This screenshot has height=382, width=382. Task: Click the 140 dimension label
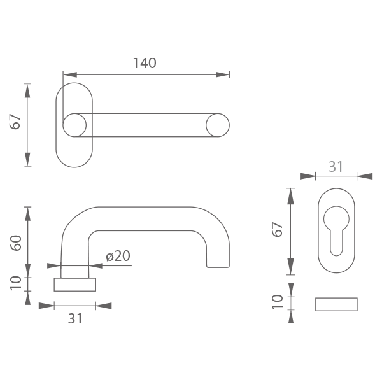(145, 63)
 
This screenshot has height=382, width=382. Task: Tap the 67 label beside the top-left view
(15, 122)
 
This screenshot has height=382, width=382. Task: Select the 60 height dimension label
(16, 243)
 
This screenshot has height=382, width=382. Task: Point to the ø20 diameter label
(118, 256)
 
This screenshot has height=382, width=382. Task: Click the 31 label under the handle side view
(75, 318)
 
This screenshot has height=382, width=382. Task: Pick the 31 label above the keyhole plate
(336, 167)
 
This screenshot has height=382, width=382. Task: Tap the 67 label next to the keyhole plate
(277, 229)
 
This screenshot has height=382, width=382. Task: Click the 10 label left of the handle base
(16, 283)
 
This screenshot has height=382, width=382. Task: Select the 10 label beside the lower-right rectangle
(278, 302)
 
